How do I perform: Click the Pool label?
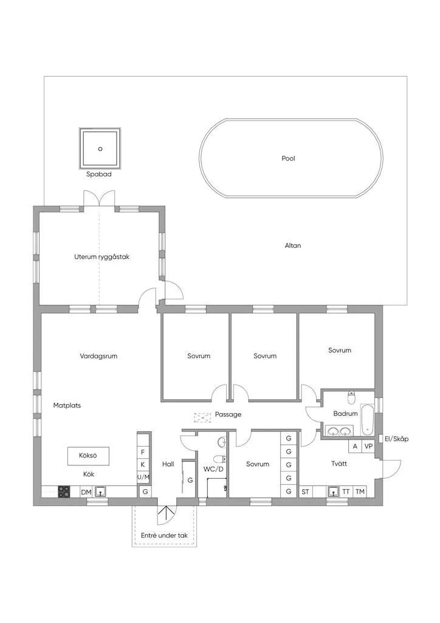pyautogui.click(x=289, y=158)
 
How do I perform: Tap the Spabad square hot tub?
pyautogui.click(x=100, y=148)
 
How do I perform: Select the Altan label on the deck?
pyautogui.click(x=293, y=246)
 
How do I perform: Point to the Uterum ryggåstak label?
pyautogui.click(x=102, y=257)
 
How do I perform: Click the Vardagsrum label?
pyautogui.click(x=98, y=356)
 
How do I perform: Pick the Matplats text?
pyautogui.click(x=67, y=405)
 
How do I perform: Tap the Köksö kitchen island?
pyautogui.click(x=88, y=456)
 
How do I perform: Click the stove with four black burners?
pyautogui.click(x=64, y=492)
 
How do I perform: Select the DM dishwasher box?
pyautogui.click(x=86, y=492)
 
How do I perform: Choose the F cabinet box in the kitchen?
pyautogui.click(x=143, y=452)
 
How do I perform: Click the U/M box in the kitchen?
pyautogui.click(x=143, y=477)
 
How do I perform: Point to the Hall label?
pyautogui.click(x=168, y=464)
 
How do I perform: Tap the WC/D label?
pyautogui.click(x=213, y=469)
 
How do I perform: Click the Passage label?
pyautogui.click(x=228, y=414)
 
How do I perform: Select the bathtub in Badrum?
pyautogui.click(x=367, y=420)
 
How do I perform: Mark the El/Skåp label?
pyautogui.click(x=396, y=439)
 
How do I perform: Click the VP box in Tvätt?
pyautogui.click(x=368, y=446)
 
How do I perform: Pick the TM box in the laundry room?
pyautogui.click(x=360, y=492)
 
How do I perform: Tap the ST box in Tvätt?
pyautogui.click(x=305, y=492)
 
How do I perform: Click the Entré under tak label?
pyautogui.click(x=164, y=535)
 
